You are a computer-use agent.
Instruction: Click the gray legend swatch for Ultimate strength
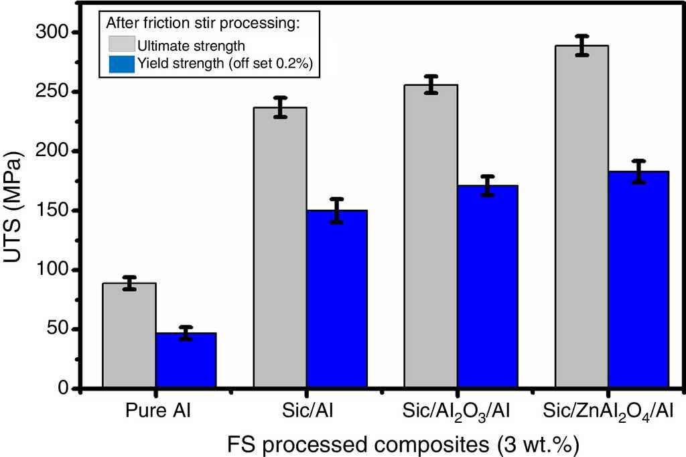121,46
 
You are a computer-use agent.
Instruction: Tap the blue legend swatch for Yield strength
121,64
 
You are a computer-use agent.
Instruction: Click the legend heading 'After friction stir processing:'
202,23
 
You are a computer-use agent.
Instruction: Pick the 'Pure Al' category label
158,409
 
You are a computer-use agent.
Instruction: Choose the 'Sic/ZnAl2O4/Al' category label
607,410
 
